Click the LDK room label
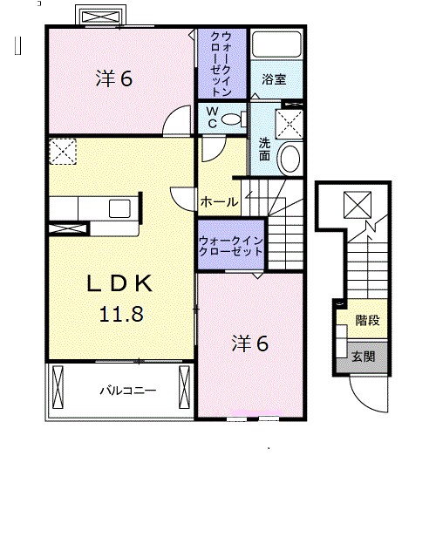(x=119, y=283)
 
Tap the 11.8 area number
(x=121, y=314)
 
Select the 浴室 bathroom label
(x=274, y=79)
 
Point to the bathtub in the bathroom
(x=276, y=44)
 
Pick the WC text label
(x=213, y=118)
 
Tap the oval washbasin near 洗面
(x=290, y=159)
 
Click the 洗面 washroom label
(x=264, y=149)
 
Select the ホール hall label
(x=220, y=201)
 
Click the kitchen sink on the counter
(x=119, y=208)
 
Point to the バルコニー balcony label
(x=128, y=391)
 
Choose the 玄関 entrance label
(x=364, y=357)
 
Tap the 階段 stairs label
(x=368, y=320)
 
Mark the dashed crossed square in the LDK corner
(x=63, y=152)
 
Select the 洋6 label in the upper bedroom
(x=114, y=78)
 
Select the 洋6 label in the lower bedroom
(x=250, y=343)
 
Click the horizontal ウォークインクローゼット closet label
(x=230, y=246)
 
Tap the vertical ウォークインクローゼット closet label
(x=221, y=64)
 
